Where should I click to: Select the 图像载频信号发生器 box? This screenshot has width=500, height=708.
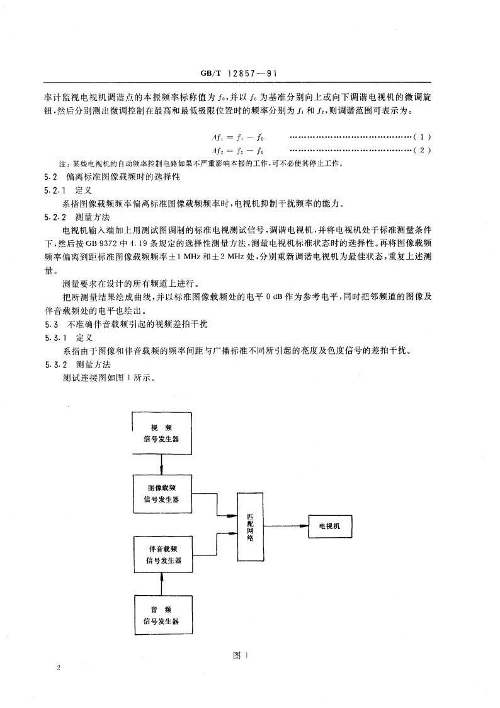coord(162,494)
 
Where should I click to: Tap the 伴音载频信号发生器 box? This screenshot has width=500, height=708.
coord(162,554)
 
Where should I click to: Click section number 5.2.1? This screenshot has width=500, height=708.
coord(56,190)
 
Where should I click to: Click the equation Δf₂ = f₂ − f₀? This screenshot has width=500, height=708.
coord(237,150)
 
